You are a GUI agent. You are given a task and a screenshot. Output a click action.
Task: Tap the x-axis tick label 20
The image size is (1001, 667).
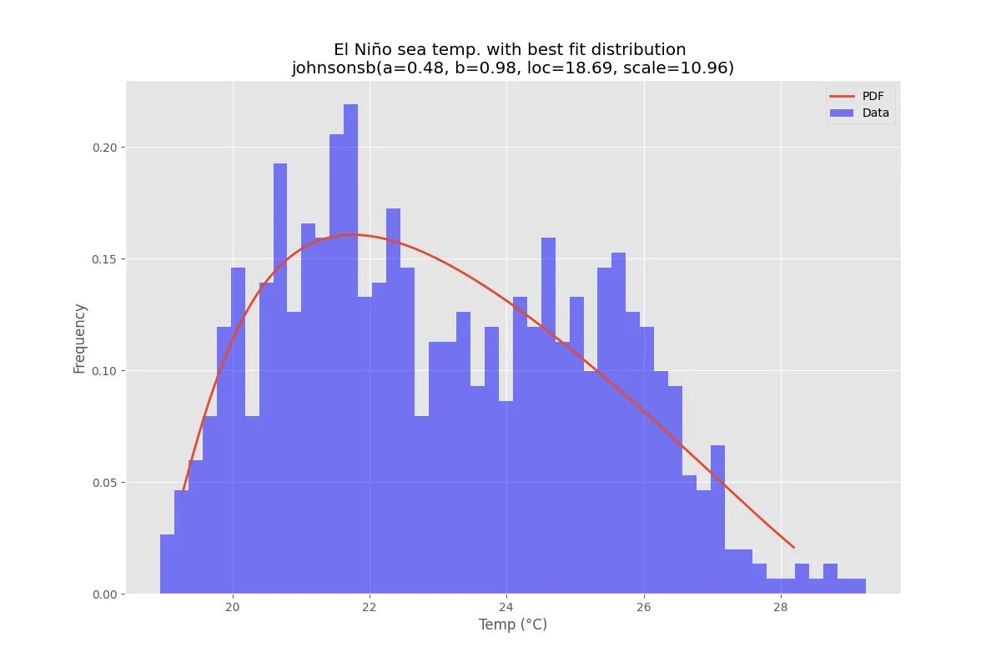[233, 607]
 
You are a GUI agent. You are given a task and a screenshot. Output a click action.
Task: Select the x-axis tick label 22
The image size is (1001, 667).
[370, 607]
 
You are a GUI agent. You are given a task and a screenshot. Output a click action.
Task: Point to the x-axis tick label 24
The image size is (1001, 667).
[506, 607]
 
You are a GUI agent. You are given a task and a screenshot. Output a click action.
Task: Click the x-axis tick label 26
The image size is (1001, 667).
[643, 607]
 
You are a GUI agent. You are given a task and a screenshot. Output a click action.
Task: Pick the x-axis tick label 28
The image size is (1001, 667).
[780, 607]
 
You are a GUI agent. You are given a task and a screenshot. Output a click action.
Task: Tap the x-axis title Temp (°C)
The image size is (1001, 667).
[512, 624]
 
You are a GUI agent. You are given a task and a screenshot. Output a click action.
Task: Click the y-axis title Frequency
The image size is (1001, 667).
[80, 338]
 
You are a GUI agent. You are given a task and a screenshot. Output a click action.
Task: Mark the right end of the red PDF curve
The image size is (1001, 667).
[793, 548]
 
